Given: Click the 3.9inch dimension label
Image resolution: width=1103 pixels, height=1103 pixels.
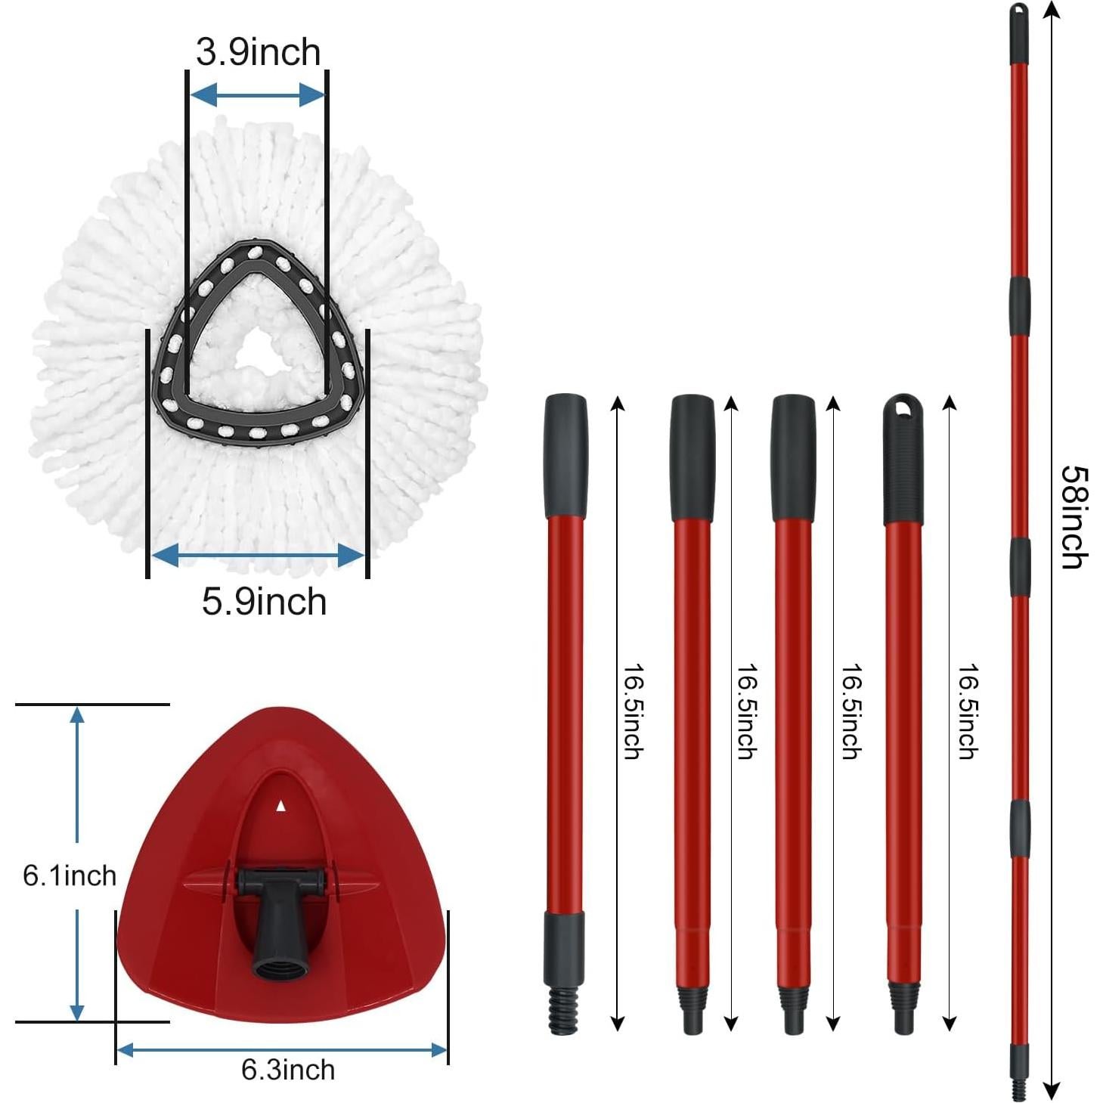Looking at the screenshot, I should click(x=258, y=53).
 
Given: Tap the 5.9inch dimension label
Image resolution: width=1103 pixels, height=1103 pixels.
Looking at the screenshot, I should click(x=264, y=603).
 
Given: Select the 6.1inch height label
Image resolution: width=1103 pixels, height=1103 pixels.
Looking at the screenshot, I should click(x=70, y=875).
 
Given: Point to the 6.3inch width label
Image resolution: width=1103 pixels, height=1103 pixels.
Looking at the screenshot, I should click(x=288, y=1070).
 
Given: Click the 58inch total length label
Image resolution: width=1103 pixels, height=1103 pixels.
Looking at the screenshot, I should click(x=1074, y=517).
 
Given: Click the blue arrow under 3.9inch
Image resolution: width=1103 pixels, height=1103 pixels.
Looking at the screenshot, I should click(x=257, y=95).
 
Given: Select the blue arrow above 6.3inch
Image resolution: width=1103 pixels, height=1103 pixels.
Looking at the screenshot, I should click(x=282, y=1049).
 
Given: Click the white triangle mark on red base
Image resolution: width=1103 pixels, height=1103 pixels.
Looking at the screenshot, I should click(x=281, y=806).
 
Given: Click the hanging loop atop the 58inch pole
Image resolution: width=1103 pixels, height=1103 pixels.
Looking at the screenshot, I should click(x=1019, y=13).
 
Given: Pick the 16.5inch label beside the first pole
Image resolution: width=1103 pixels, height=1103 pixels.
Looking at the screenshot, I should click(x=632, y=711).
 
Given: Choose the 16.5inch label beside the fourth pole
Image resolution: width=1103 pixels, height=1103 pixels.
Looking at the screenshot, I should click(x=968, y=711).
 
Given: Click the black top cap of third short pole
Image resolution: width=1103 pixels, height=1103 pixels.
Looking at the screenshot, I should click(x=793, y=457).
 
